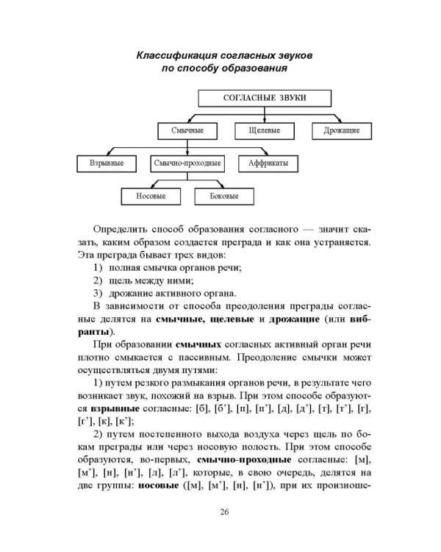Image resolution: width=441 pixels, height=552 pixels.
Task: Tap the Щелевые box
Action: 261,130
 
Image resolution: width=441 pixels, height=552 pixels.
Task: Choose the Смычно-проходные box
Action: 188,163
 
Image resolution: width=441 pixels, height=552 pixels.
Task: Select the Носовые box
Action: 151,197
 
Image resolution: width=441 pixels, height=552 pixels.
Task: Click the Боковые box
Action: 225,197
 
